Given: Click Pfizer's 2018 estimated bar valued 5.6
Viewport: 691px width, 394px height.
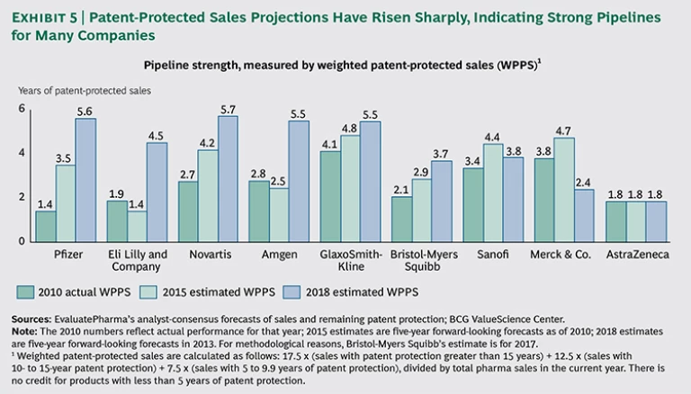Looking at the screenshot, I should point(85,180).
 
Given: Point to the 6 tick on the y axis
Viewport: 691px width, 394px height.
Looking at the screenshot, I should point(22,109).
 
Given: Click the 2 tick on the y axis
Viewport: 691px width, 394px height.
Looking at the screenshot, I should point(22,197).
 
